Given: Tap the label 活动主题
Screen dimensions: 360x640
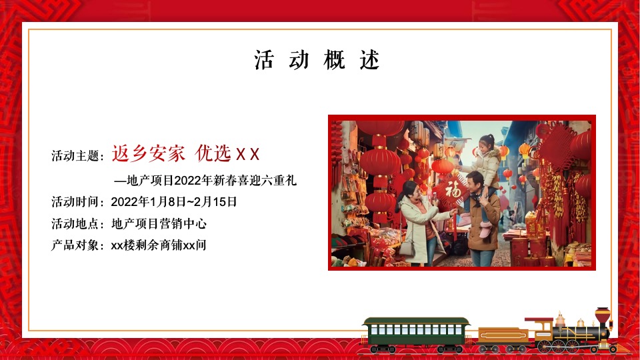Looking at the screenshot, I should click(x=76, y=156).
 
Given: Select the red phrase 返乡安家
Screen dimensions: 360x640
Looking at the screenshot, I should click(x=148, y=154).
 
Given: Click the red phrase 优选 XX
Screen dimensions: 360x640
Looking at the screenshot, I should click(x=227, y=154).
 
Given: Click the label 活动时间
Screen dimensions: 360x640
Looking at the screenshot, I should click(x=76, y=201).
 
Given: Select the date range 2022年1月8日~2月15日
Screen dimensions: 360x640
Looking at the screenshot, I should click(x=174, y=201).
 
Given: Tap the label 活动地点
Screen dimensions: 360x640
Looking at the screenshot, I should click(x=76, y=223).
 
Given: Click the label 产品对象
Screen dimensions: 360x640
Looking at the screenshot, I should click(x=76, y=245).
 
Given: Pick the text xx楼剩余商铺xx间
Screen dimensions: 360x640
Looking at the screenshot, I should click(x=159, y=245).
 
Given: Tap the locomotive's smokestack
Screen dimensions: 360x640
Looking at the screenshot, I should click(x=603, y=316).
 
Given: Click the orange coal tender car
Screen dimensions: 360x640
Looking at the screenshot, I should click(x=501, y=335).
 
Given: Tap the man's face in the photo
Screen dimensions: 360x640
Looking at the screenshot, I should click(x=475, y=182).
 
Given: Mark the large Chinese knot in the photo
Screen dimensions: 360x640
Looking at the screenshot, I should click(x=557, y=147).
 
